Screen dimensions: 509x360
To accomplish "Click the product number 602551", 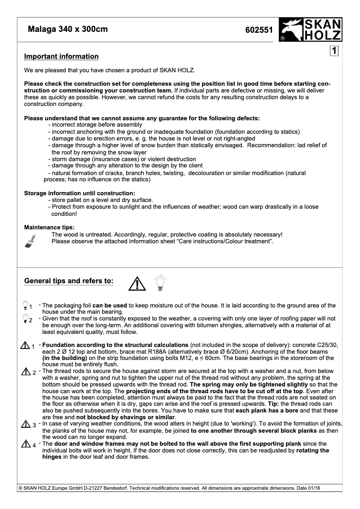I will (x=259, y=31).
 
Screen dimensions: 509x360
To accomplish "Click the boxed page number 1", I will (x=334, y=51).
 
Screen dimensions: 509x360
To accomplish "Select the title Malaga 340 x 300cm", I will (x=68, y=30).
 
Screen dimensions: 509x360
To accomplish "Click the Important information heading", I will (x=61, y=57).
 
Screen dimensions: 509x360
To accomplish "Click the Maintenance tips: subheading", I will (x=49, y=228).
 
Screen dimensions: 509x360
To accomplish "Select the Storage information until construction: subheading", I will (x=79, y=193).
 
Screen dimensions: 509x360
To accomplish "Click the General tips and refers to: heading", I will (x=68, y=281).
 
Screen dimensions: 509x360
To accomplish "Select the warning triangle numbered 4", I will (x=25, y=444).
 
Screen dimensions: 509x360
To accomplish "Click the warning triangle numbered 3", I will (x=25, y=425).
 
